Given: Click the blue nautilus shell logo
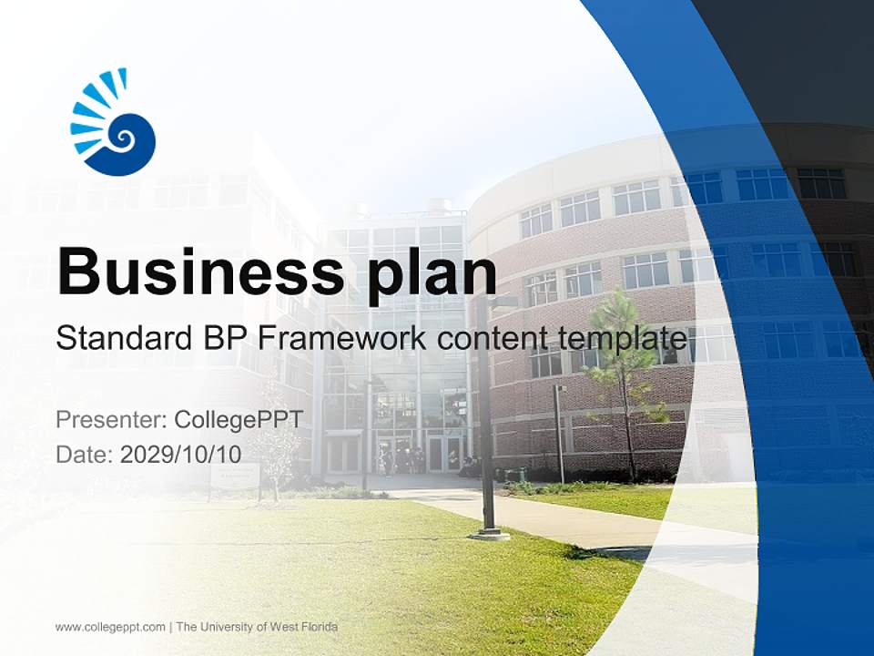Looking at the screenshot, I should pos(115,123).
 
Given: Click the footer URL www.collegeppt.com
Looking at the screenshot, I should pos(110,627).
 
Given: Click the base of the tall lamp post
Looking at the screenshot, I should pos(490,533).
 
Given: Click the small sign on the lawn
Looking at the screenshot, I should pos(235,476).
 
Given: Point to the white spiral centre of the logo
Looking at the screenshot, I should pos(122,138).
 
